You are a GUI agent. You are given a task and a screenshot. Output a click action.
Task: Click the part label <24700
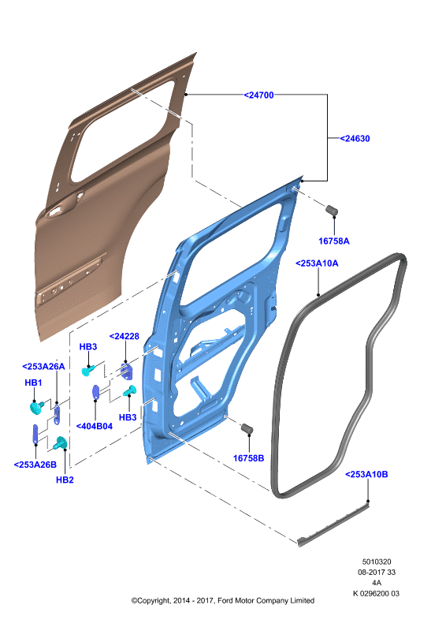[x=258, y=95]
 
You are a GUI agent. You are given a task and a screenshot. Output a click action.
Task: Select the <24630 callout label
[x=355, y=139]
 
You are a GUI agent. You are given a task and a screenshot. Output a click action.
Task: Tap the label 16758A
[x=334, y=241]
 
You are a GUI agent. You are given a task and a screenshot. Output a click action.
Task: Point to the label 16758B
[x=248, y=458]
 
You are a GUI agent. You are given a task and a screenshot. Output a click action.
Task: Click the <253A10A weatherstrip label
[x=317, y=263]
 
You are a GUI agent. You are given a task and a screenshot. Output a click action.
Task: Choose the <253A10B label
[x=366, y=475]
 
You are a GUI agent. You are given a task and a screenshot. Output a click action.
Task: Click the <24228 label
[x=125, y=336]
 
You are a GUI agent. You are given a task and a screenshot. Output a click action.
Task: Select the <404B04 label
[x=95, y=426]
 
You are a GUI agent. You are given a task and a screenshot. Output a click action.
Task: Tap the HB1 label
[x=33, y=383]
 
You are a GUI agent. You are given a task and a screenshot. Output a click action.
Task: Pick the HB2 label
[x=65, y=480]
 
